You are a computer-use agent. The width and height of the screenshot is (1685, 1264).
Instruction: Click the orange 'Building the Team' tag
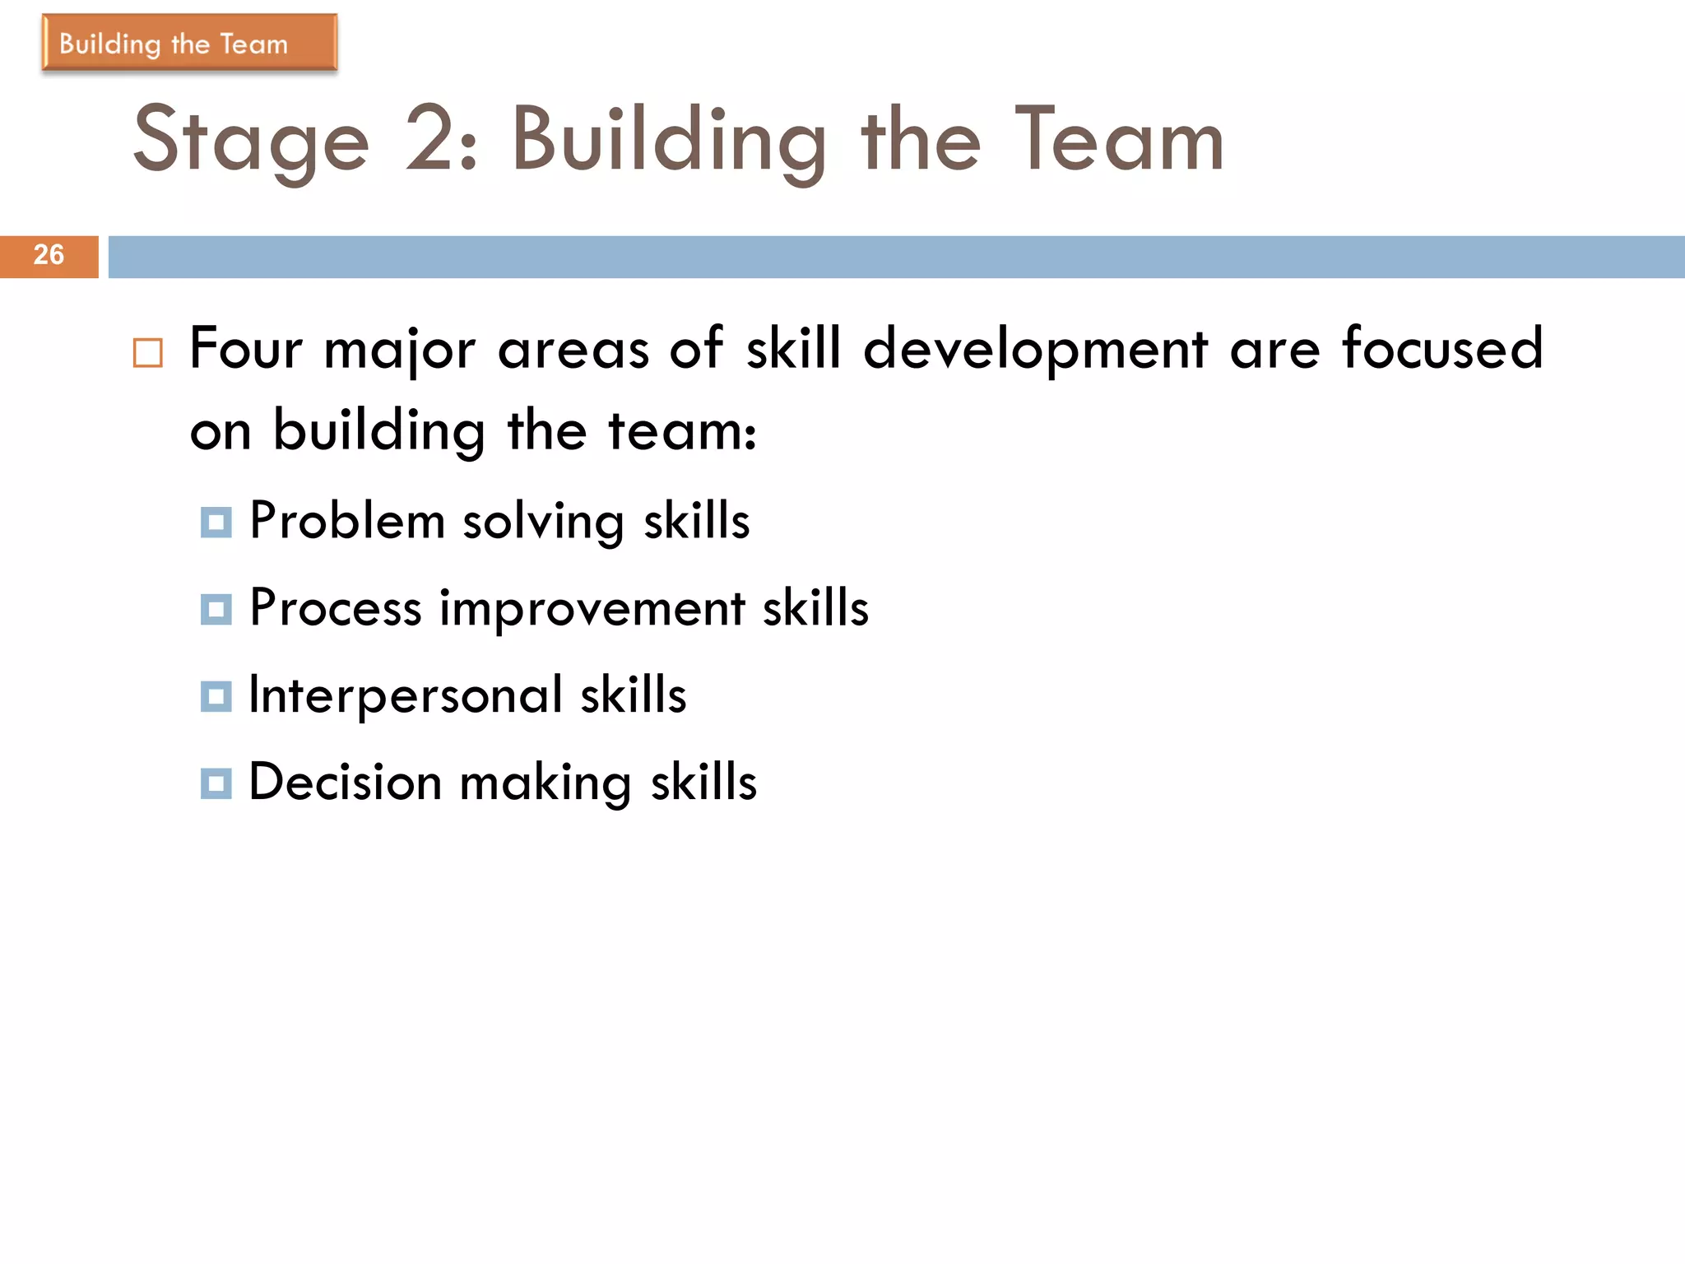(189, 43)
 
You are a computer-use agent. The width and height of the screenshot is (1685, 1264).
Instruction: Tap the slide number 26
(49, 255)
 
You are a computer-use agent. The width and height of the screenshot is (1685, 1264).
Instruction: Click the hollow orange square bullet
(148, 353)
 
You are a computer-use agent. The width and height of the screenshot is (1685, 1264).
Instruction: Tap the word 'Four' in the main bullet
(246, 348)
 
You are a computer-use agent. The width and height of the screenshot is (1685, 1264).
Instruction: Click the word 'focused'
(1442, 348)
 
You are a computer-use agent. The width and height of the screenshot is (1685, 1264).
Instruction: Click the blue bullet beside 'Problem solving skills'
(216, 523)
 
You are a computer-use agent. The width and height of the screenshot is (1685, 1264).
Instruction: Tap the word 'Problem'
(346, 521)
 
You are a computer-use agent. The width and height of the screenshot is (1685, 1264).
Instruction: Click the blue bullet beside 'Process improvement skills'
(216, 610)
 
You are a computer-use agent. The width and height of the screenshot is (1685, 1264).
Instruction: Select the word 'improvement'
(592, 610)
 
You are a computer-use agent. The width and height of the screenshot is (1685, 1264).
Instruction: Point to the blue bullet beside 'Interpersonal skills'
(216, 697)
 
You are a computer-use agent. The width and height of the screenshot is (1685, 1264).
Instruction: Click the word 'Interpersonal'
(406, 695)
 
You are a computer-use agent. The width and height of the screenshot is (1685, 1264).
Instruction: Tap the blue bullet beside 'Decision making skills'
(216, 783)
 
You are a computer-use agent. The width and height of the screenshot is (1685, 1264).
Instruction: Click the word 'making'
(545, 784)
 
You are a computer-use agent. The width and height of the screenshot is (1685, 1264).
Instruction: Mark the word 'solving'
(543, 523)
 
